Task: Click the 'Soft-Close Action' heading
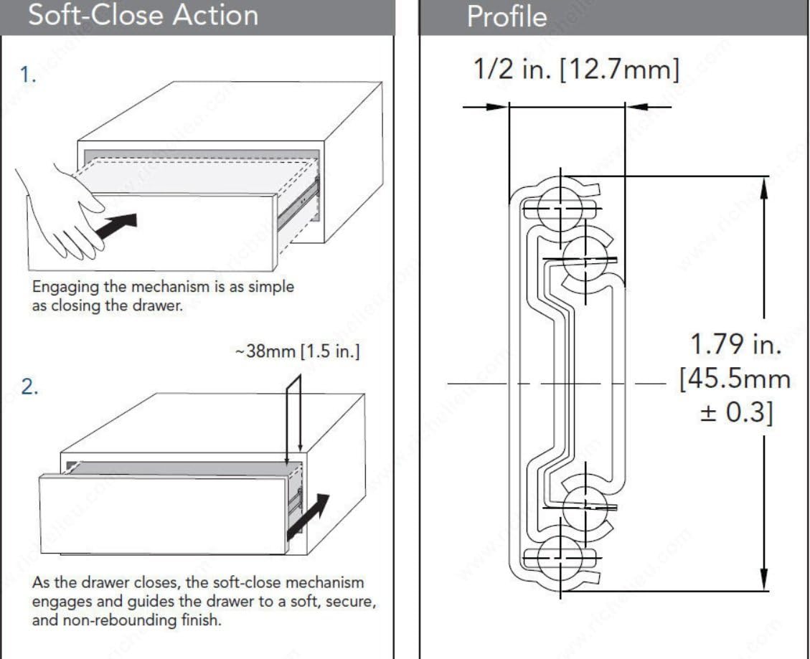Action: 143,14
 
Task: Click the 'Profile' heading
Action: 506,16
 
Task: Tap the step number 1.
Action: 28,76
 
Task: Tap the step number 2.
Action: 29,387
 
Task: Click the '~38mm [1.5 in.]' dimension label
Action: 297,354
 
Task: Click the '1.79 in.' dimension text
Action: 735,344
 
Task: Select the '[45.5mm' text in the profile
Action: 735,379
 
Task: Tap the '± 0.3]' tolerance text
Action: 736,414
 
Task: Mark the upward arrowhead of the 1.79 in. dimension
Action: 764,188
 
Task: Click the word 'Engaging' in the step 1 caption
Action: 65,286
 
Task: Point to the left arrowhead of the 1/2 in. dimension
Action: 496,107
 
